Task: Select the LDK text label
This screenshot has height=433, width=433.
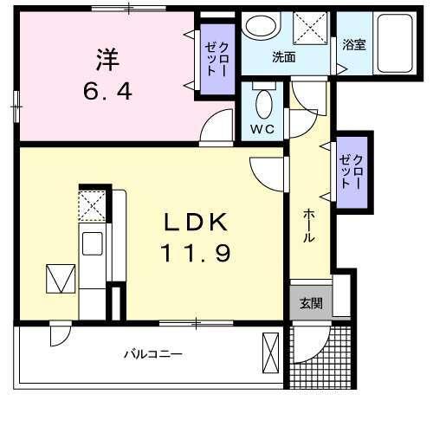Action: point(197,223)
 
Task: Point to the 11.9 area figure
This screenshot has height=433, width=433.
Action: point(197,255)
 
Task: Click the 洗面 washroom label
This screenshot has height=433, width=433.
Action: point(284,59)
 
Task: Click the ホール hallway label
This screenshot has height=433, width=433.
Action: point(309,226)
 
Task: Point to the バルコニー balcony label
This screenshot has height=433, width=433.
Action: point(152,354)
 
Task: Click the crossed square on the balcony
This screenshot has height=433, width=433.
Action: point(268,354)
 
